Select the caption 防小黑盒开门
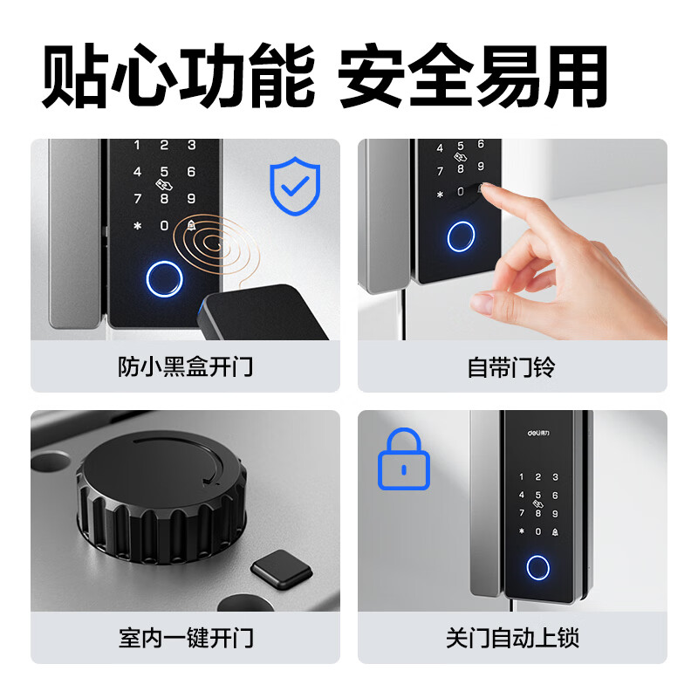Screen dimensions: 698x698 click(185, 366)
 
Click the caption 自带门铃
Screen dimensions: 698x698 click(511, 366)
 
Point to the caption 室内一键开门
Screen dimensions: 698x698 click(185, 638)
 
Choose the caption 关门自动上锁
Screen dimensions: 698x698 click(511, 638)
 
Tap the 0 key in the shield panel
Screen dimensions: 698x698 click(164, 226)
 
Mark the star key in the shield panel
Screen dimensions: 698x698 click(136, 226)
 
